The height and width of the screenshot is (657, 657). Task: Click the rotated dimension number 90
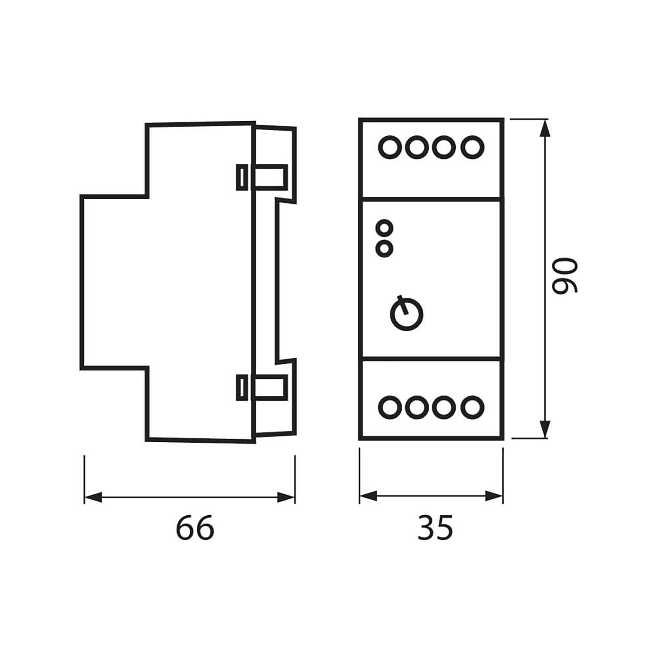[565, 275]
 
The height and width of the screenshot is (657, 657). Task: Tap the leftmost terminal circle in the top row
[390, 147]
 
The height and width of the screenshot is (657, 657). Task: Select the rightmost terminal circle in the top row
[472, 147]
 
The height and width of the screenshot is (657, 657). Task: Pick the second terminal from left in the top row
[417, 147]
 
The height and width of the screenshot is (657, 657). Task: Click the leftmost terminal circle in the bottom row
[390, 407]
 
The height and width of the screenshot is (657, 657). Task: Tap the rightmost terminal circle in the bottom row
[472, 407]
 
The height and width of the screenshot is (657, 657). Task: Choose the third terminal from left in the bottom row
[444, 407]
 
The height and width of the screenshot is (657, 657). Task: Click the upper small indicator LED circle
[385, 227]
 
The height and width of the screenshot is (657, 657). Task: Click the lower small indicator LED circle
[385, 248]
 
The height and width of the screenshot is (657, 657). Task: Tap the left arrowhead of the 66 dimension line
[93, 498]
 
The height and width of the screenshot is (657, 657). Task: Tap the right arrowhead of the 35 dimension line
[494, 496]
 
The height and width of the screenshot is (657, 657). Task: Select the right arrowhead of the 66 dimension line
[286, 498]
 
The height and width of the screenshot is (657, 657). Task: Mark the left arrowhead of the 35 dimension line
[368, 496]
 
